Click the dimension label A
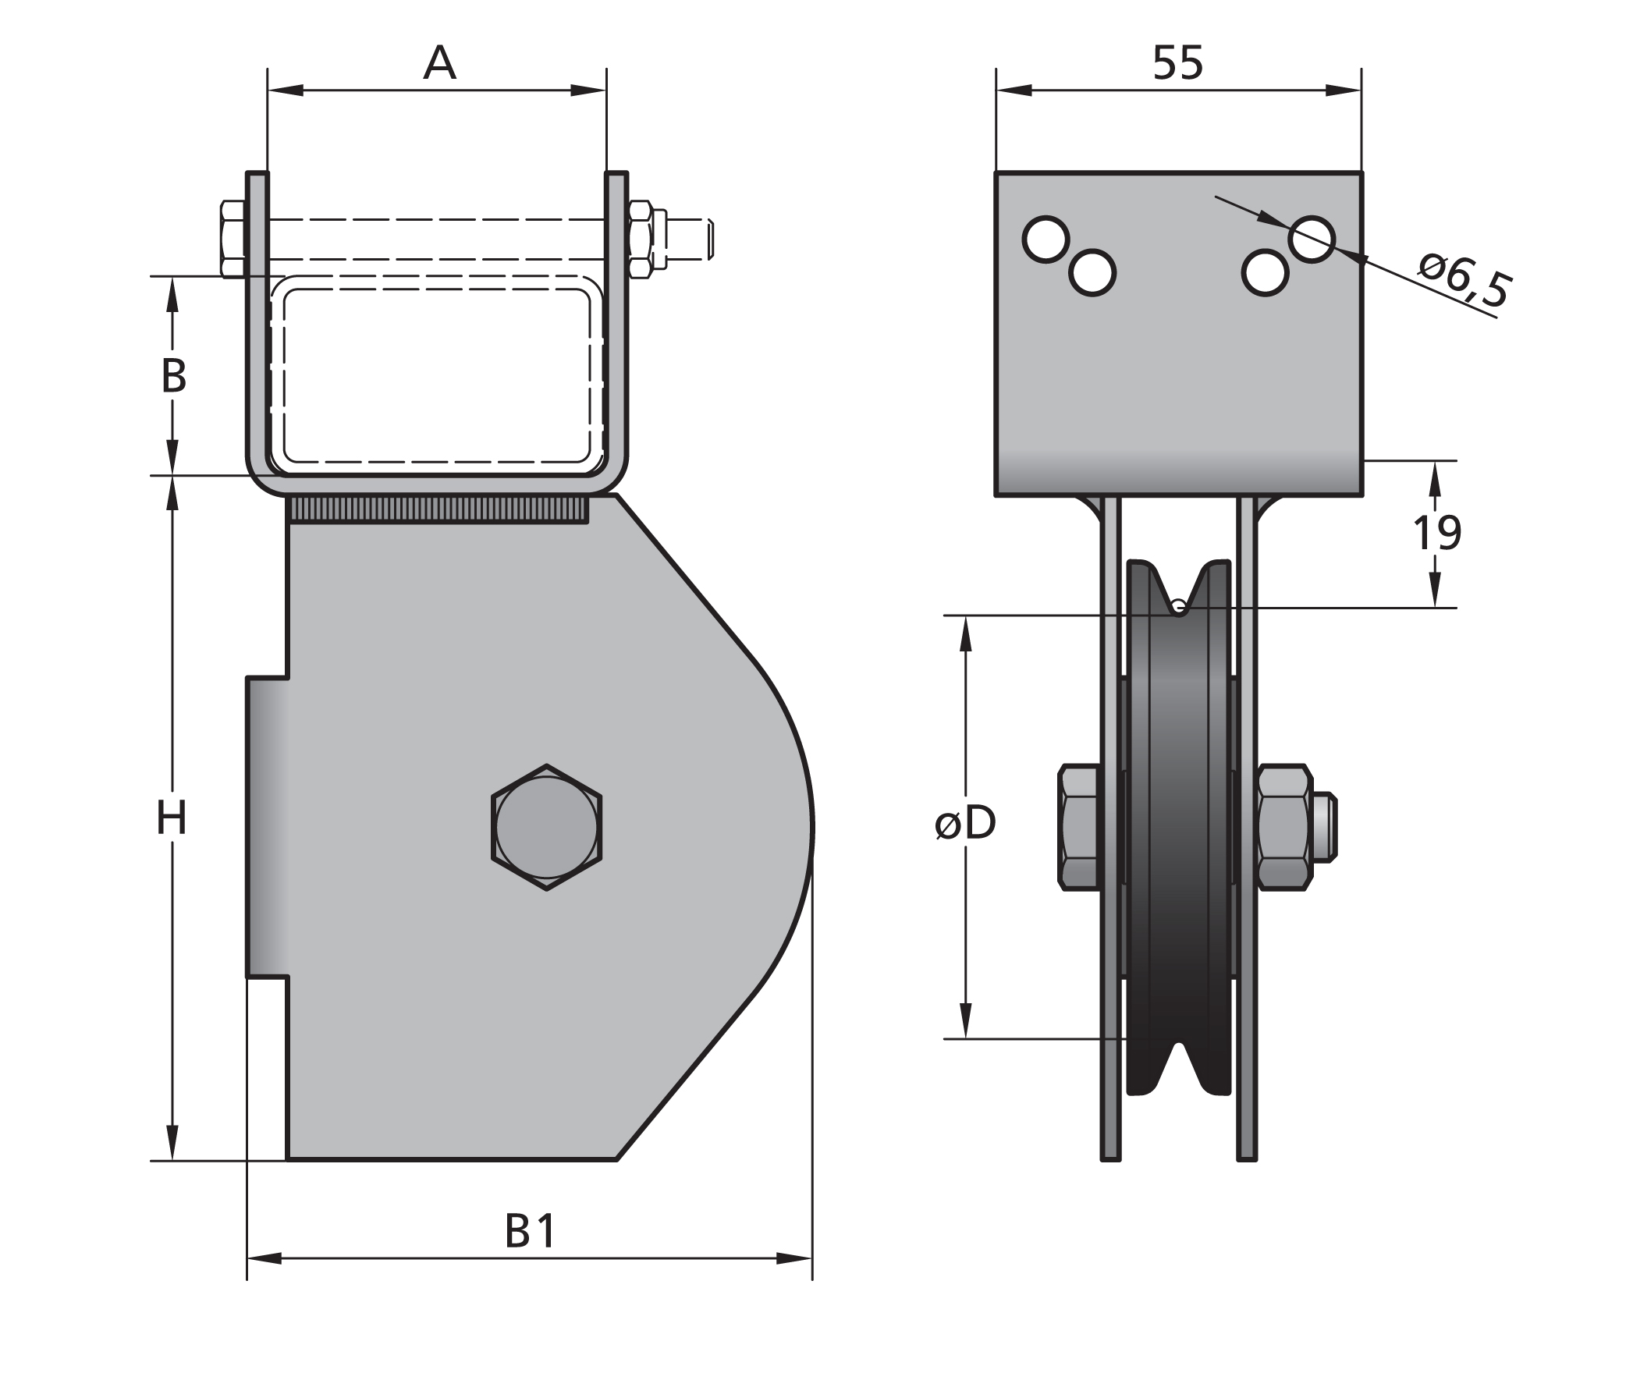coord(439,63)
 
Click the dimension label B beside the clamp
coord(173,376)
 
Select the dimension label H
coord(172,819)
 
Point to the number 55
coord(1178,63)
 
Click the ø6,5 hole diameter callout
coord(1464,279)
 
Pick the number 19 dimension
coord(1436,534)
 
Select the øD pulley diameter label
coord(966,824)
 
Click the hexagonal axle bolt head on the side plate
coord(546,827)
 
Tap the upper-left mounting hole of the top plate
coord(1046,239)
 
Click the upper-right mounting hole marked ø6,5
coord(1312,239)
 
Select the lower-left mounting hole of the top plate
coord(1092,272)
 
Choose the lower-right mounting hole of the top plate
coord(1264,272)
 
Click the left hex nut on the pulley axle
coord(1079,827)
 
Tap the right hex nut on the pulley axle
coord(1284,827)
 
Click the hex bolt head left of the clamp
coord(233,239)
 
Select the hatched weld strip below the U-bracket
coord(438,510)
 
